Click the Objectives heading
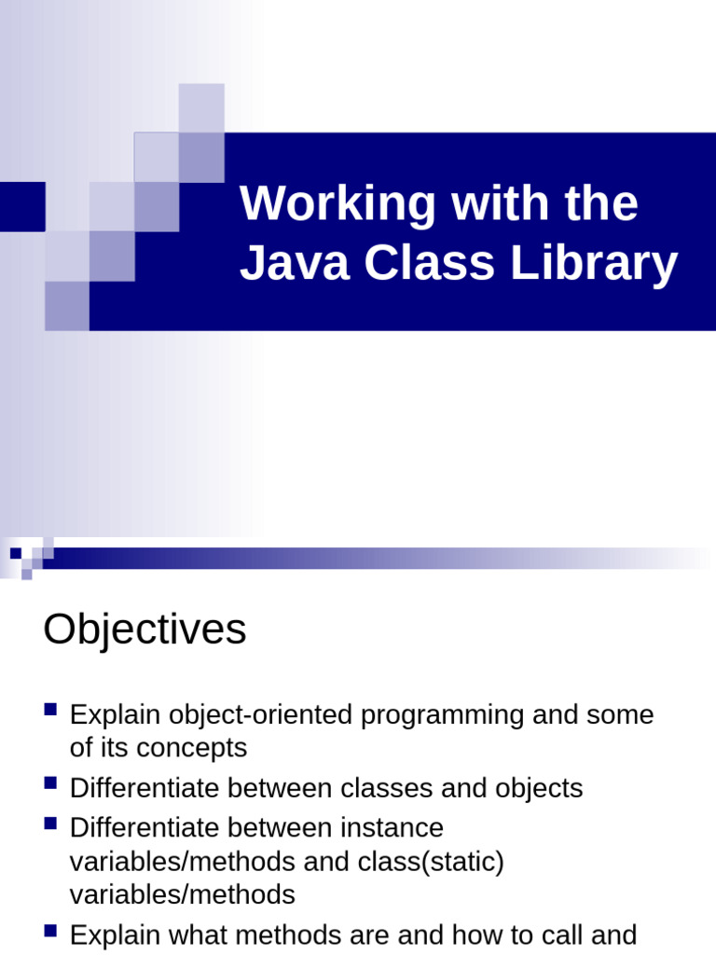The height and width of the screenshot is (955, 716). (x=145, y=630)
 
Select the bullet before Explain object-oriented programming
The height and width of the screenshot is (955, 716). (x=51, y=711)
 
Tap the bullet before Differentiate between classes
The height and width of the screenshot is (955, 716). (x=51, y=783)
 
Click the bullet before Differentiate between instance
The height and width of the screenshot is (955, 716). (x=51, y=823)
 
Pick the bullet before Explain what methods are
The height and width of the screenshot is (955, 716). (x=51, y=930)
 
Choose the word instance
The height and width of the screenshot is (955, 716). (x=392, y=827)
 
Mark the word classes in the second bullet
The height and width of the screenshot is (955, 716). (x=386, y=788)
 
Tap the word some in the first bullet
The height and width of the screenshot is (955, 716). (x=620, y=715)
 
